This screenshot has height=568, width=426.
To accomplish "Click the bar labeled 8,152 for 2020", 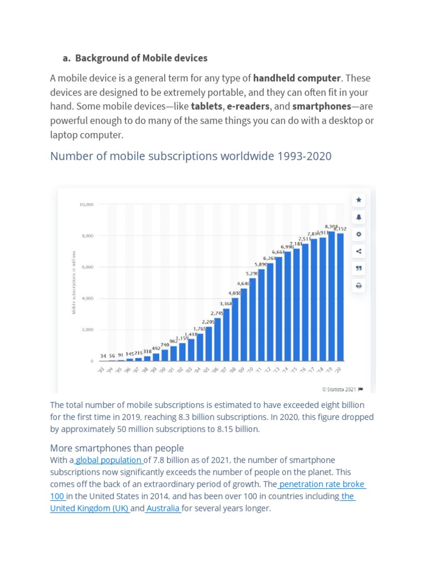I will pos(340,297).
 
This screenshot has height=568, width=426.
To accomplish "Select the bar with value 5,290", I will pos(252,319).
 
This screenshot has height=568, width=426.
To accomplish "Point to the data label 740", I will pos(165,345).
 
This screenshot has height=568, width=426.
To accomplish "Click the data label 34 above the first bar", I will pos(103,356).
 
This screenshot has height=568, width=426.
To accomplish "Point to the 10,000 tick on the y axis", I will pos(86,205).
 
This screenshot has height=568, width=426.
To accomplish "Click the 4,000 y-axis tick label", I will pos(87,298).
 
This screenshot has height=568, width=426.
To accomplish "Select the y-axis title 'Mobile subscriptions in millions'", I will pos(73,283).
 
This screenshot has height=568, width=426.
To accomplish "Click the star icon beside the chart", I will pos(358,200).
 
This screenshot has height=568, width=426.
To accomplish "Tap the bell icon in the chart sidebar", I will pos(358,217).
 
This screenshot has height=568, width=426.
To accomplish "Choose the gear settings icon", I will pos(358,234).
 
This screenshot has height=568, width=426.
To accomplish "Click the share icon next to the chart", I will pos(358,251).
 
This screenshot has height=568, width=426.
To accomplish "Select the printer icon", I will pos(358,286).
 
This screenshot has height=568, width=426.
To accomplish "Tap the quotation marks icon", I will pos(358,268).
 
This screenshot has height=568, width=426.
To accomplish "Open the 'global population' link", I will pos(109,460).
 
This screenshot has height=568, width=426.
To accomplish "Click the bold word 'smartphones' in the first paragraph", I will pos(322,106).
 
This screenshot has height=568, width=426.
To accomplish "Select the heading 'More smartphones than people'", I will pos(117,448).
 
